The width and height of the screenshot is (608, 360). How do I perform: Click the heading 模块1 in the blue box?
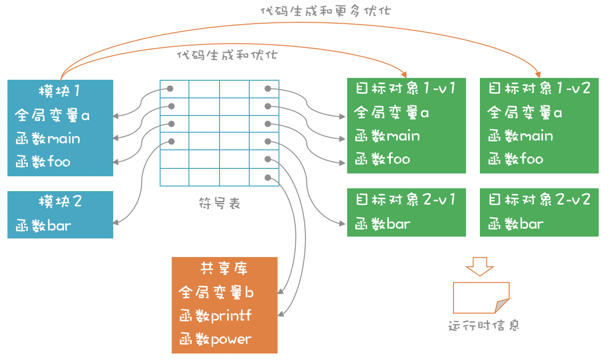tap(59, 90)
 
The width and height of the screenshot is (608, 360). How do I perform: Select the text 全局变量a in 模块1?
tap(52, 115)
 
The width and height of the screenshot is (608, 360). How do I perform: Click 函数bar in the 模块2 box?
tap(43, 226)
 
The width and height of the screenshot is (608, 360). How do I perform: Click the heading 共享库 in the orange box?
tap(224, 269)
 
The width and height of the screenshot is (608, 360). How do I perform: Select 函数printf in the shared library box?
tap(215, 316)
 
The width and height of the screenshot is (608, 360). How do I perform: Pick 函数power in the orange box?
tap(215, 340)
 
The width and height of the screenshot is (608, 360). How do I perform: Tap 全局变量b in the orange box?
tap(216, 293)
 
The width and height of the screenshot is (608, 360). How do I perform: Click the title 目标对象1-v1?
tap(405, 88)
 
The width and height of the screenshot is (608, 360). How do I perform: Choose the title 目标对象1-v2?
tap(539, 88)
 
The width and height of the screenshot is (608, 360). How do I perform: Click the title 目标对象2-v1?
tap(405, 199)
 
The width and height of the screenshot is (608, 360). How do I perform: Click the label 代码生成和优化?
tap(227, 55)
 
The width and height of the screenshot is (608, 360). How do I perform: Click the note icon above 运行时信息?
tap(481, 298)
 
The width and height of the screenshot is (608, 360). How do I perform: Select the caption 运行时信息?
tap(484, 325)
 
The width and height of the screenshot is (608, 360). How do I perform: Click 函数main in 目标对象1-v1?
tap(388, 136)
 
